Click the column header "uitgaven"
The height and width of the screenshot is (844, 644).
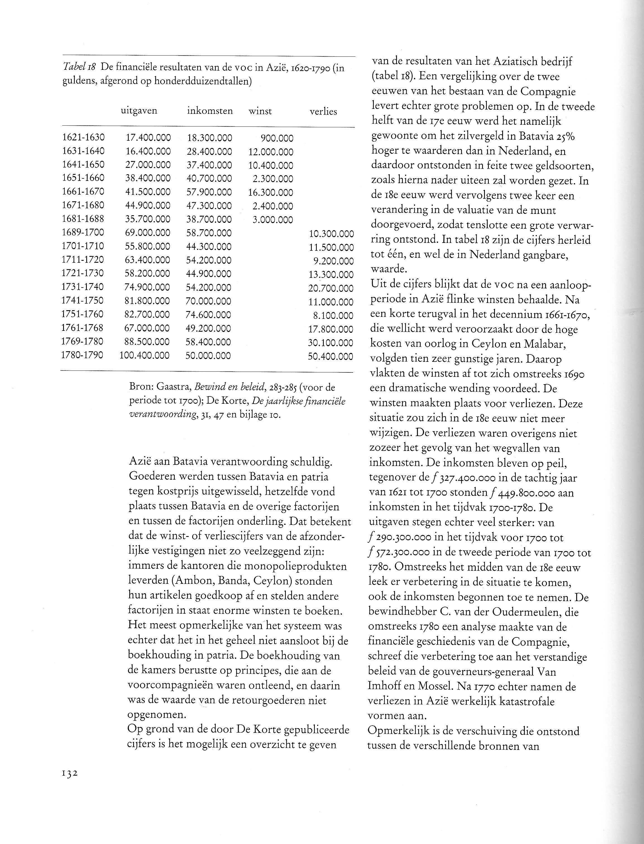pyautogui.click(x=139, y=111)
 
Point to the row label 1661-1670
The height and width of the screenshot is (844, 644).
pyautogui.click(x=83, y=192)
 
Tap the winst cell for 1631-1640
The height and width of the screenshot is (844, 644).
pyautogui.click(x=270, y=152)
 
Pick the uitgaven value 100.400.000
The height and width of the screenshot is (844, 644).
pyautogui.click(x=144, y=355)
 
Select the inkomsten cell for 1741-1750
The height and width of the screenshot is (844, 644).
pyautogui.click(x=209, y=301)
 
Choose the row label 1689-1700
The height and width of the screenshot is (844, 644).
pyautogui.click(x=83, y=233)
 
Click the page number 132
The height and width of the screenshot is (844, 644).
pyautogui.click(x=70, y=773)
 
